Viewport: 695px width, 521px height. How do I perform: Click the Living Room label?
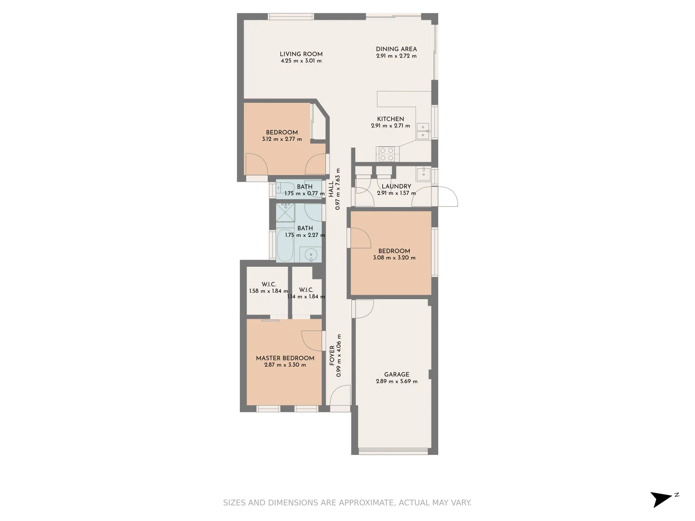point(301,54)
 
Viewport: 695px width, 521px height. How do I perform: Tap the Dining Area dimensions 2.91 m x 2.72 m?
point(396,56)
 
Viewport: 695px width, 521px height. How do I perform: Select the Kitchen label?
point(390,119)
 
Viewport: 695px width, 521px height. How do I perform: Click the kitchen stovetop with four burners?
point(386,154)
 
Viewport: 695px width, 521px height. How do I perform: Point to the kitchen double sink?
point(423,131)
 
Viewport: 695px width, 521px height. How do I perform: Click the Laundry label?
point(396,186)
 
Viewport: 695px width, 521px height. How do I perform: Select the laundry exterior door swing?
point(447,196)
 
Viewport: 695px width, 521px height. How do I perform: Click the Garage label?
point(396,374)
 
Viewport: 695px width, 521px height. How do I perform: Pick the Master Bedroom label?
point(285,358)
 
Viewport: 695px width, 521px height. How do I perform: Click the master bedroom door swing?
point(312,341)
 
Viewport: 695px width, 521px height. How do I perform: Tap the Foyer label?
point(332,355)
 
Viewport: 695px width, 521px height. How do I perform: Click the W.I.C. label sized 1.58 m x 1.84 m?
point(268,285)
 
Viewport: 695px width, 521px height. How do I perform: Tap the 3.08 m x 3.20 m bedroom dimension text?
point(394,258)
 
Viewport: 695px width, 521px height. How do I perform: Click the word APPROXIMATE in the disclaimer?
point(366,503)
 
